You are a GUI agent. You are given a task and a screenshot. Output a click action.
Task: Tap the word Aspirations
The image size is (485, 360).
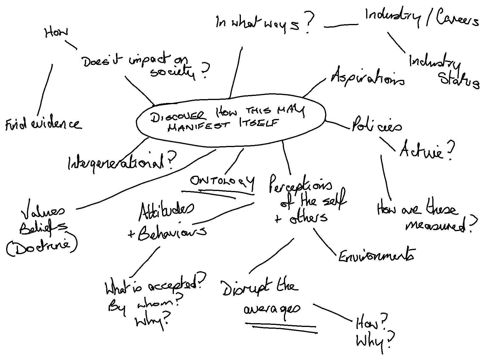click(368, 77)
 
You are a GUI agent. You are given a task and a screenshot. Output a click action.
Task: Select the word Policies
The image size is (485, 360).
click(376, 126)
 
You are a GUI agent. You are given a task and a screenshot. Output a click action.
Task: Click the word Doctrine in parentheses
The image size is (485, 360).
click(42, 247)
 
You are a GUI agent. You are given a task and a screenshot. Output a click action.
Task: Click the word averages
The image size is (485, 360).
click(272, 309)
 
